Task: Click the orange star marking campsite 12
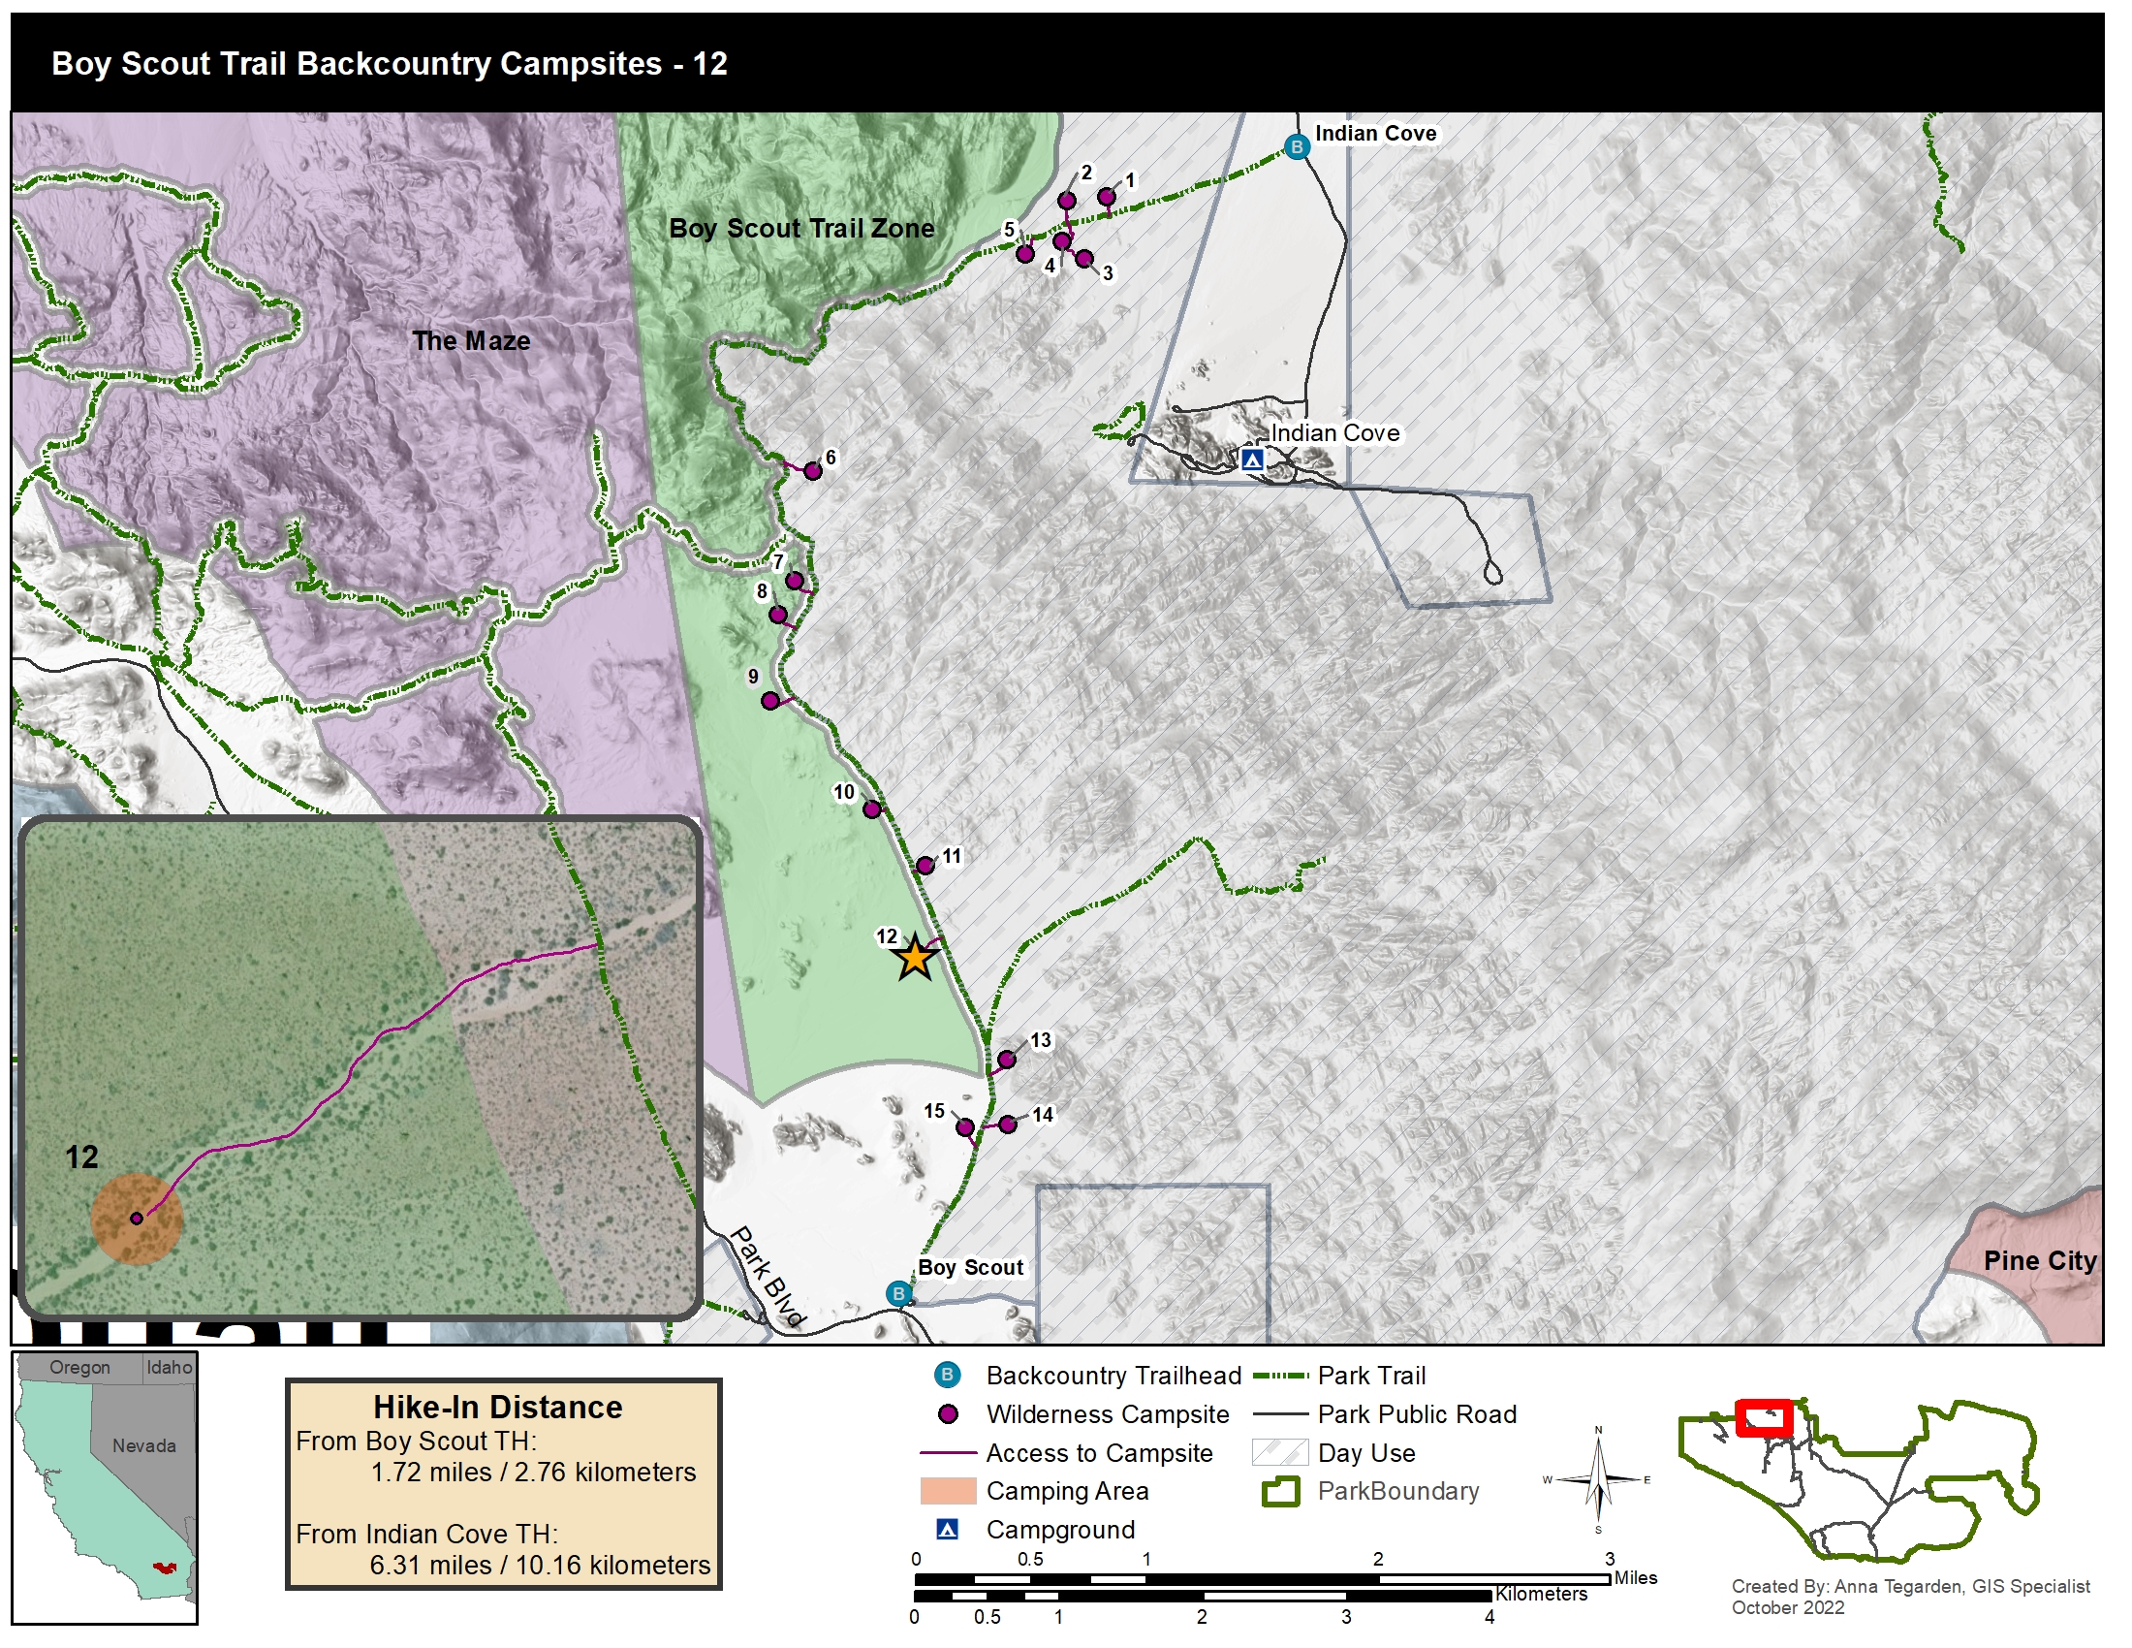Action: coord(915,959)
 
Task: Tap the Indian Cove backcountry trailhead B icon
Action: coord(1297,147)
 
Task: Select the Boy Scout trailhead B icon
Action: coord(898,1293)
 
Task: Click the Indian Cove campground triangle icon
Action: coord(1252,459)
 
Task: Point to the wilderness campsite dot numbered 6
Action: coord(812,470)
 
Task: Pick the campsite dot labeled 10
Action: coord(872,808)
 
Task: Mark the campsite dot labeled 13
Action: coord(1007,1060)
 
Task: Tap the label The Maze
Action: coord(471,340)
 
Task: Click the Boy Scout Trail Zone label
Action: coord(800,229)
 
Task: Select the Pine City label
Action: coord(2039,1260)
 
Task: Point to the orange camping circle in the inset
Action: coord(137,1219)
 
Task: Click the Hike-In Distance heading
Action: coord(498,1407)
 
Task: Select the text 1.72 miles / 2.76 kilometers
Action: coord(533,1473)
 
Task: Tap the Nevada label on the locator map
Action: coord(143,1446)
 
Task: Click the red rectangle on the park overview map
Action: coord(1763,1417)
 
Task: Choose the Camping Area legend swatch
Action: coord(948,1491)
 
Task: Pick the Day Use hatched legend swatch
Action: coord(1279,1452)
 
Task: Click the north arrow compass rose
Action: coord(1598,1480)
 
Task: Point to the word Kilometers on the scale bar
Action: coord(1542,1595)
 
